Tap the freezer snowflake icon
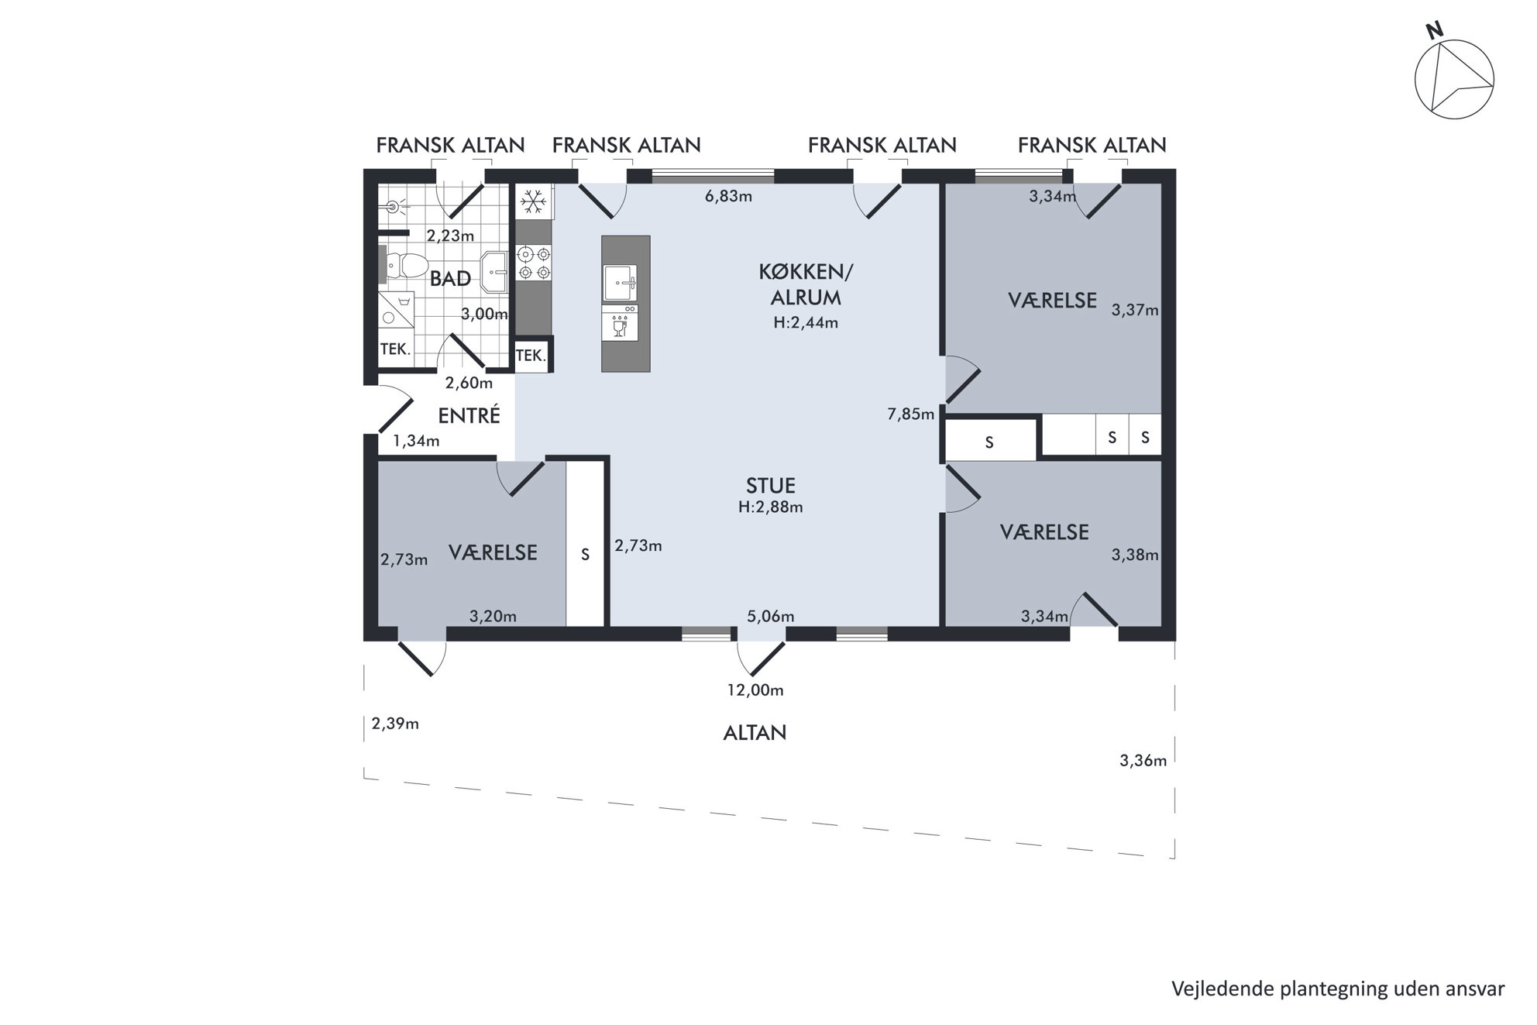pos(533,202)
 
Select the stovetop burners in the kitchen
pos(533,262)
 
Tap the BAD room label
pos(450,279)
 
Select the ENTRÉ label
pos(469,416)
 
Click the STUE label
pos(771,486)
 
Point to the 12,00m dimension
pos(755,690)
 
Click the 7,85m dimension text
pos(910,414)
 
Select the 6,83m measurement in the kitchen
pos(728,196)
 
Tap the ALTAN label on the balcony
pos(755,733)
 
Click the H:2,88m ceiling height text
pos(770,507)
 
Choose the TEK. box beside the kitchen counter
pos(531,356)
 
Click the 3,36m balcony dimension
pos(1143,761)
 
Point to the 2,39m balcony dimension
pos(395,724)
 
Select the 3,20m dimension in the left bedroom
pos(493,617)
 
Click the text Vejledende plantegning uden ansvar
pos(1338,989)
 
